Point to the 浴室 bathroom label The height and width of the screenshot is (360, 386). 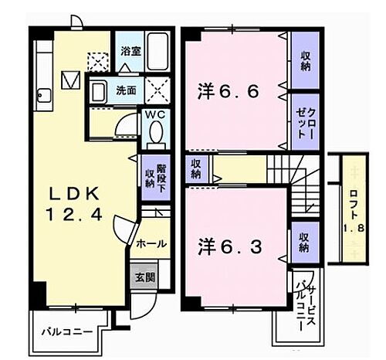[130, 52]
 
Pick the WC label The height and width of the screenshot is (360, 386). [157, 114]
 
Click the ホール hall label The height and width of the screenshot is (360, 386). [151, 243]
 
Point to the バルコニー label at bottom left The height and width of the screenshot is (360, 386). [67, 331]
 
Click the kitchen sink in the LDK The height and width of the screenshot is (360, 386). [43, 98]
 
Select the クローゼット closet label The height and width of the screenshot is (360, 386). [303, 120]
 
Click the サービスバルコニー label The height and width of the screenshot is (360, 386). [303, 305]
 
